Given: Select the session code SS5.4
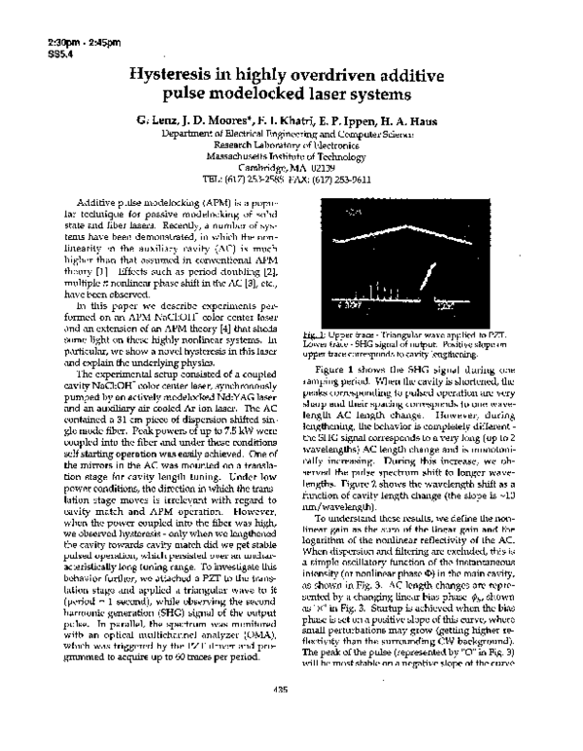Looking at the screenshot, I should point(32,53).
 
